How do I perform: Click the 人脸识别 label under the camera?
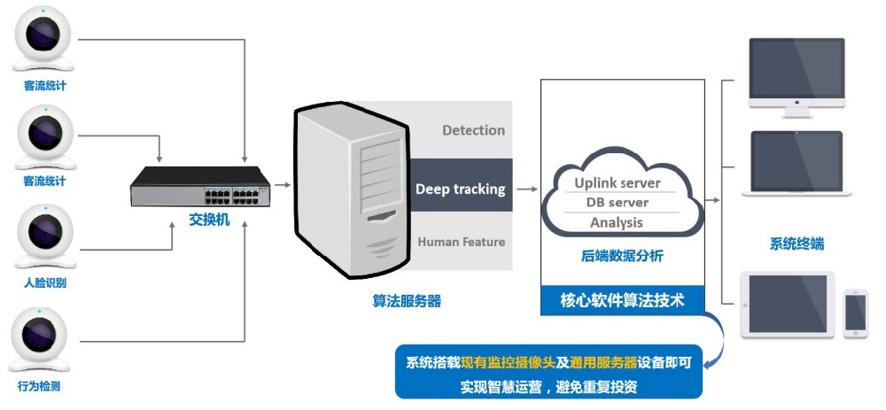pyautogui.click(x=45, y=283)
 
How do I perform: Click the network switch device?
pyautogui.click(x=200, y=185)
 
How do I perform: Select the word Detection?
pyautogui.click(x=473, y=130)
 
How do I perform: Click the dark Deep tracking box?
pyautogui.click(x=460, y=189)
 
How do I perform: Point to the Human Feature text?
pyautogui.click(x=461, y=242)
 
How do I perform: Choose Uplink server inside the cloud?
pyautogui.click(x=617, y=183)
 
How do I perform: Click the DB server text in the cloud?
pyautogui.click(x=617, y=203)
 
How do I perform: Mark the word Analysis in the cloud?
pyautogui.click(x=617, y=222)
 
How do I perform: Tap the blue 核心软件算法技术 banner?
pyautogui.click(x=622, y=300)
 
